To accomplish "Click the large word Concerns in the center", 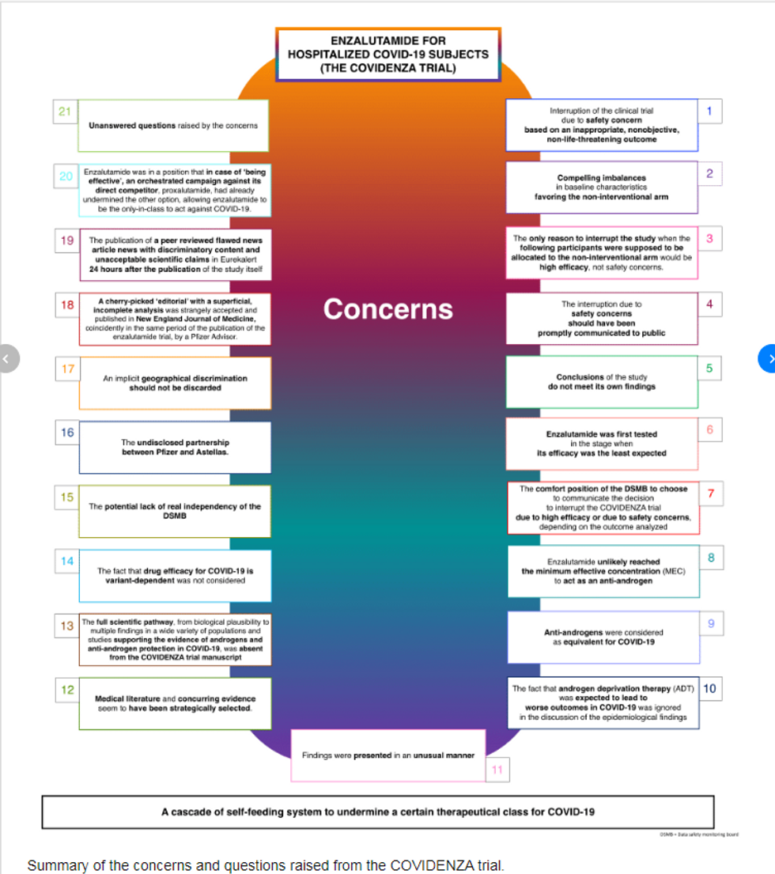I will [387, 309].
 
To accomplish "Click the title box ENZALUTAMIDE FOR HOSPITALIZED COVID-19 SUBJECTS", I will [387, 55].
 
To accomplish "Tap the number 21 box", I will [65, 112].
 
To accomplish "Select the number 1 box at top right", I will [709, 111].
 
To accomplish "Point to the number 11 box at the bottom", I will [497, 770].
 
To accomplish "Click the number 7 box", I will [710, 494].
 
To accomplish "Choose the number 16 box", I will [67, 432].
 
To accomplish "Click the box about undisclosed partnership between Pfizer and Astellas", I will [174, 448].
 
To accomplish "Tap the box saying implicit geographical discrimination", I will [174, 383].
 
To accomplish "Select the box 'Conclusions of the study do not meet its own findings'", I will [601, 382].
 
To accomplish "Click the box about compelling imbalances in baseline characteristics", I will [601, 187].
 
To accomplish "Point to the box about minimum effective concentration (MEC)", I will [601, 571].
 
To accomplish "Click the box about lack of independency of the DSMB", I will [174, 511].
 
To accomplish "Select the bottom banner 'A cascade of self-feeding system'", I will [377, 812].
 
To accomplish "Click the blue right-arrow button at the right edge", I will [768, 358].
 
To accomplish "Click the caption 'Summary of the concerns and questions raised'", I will [265, 865].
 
